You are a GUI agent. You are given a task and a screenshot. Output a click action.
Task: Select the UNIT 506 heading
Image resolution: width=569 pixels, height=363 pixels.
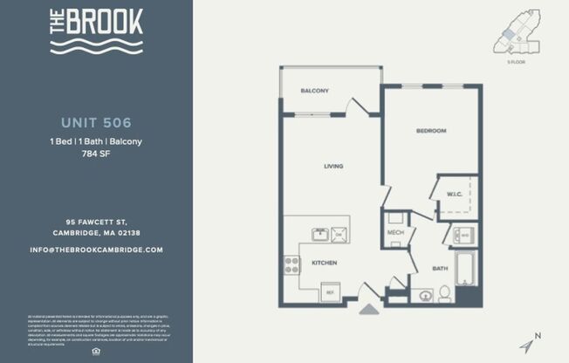[96, 122]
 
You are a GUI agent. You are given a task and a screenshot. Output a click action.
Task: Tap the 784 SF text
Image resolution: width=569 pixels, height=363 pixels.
[96, 154]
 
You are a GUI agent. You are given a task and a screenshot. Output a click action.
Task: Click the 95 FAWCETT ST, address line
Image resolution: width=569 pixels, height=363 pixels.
[96, 221]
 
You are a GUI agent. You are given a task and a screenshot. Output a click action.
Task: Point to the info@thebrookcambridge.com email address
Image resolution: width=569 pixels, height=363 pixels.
[96, 250]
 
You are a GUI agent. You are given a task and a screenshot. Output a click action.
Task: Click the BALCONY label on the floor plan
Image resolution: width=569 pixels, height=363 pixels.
[314, 91]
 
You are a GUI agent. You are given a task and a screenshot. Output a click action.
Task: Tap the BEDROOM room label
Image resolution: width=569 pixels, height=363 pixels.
[431, 131]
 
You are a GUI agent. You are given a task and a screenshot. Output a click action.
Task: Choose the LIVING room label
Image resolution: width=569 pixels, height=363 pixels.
[332, 166]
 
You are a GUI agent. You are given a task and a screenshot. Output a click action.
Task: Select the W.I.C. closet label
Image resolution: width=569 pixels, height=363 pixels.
[454, 194]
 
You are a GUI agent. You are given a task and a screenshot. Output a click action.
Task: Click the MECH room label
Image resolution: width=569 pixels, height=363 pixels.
[394, 233]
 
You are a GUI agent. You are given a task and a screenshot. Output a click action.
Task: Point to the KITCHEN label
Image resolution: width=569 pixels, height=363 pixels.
[324, 263]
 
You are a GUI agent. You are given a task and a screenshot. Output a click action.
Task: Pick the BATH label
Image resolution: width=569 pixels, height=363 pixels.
[440, 269]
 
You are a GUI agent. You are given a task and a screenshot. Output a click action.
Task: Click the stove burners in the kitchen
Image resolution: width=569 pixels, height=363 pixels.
[291, 264]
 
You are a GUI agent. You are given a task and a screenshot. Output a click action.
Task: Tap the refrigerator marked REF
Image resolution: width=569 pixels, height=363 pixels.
[330, 292]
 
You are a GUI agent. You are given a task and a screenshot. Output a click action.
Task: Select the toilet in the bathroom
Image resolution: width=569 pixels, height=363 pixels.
[443, 293]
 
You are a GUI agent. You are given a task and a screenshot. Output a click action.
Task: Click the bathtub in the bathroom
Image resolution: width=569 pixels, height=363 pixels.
[465, 270]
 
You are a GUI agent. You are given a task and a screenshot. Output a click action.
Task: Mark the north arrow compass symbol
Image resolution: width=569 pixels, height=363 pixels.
[529, 344]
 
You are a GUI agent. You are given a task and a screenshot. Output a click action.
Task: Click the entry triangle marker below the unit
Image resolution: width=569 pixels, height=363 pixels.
[369, 307]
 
